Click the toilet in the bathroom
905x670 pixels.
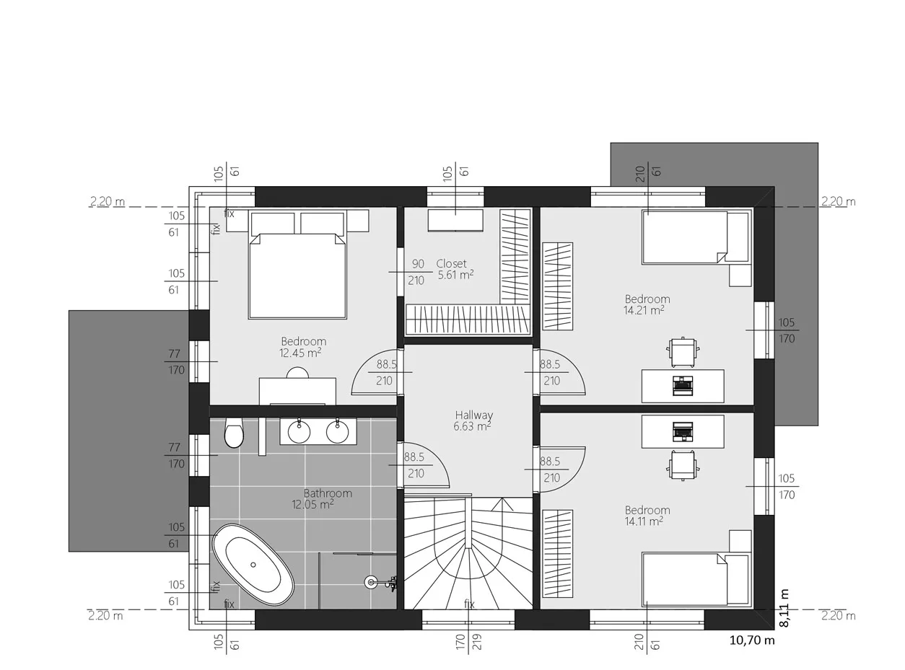[234, 433]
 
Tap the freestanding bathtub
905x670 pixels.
[253, 565]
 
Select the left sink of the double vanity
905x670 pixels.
[299, 431]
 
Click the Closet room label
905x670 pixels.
[451, 263]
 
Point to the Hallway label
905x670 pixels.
[473, 415]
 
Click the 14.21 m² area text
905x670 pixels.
[644, 310]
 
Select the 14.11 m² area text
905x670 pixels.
[644, 521]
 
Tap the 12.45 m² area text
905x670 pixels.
[300, 353]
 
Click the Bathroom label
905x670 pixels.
[328, 493]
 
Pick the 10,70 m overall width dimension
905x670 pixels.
[751, 640]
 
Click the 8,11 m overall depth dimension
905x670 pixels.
[784, 608]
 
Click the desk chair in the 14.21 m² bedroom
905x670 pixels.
[683, 352]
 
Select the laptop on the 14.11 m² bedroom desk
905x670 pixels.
[683, 432]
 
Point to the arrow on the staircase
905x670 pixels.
[502, 504]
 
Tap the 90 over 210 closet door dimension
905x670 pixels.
[416, 272]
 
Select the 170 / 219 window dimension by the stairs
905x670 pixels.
[468, 642]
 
